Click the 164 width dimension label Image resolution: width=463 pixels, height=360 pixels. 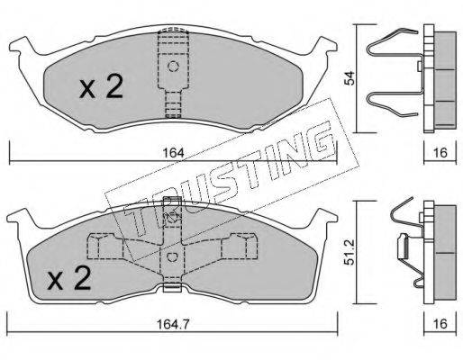[x=173, y=153]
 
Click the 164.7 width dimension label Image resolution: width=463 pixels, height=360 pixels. [x=173, y=324]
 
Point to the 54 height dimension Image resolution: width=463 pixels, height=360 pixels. [x=350, y=78]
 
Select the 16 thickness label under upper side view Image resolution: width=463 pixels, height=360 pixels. [x=440, y=153]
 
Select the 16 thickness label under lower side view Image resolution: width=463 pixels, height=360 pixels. [x=440, y=324]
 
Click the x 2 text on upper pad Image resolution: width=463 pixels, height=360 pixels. [x=102, y=86]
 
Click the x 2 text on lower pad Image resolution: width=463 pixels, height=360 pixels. [x=69, y=278]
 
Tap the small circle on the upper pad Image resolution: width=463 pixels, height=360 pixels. [x=173, y=66]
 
